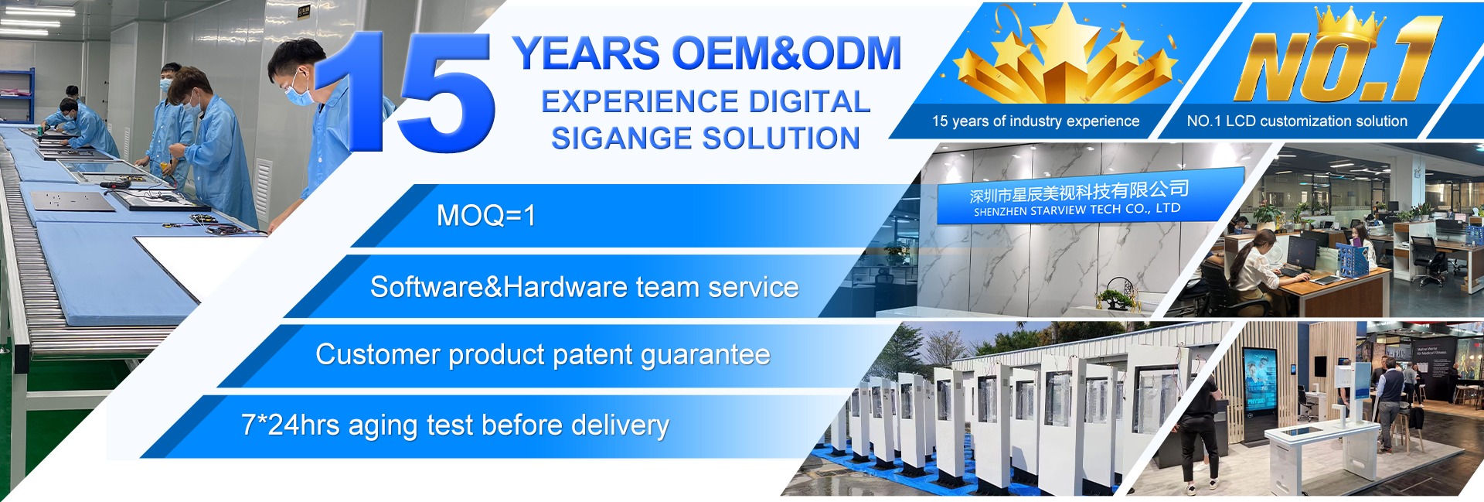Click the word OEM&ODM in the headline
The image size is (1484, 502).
tap(787, 54)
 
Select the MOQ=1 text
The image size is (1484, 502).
tap(486, 215)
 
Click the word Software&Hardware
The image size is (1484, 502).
tap(499, 287)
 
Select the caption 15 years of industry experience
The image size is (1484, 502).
tap(1036, 121)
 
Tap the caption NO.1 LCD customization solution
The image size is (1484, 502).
tap(1297, 121)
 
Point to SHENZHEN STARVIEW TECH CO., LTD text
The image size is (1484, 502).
tap(1077, 210)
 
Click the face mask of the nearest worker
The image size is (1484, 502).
tap(299, 94)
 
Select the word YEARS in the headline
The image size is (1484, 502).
tap(587, 54)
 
